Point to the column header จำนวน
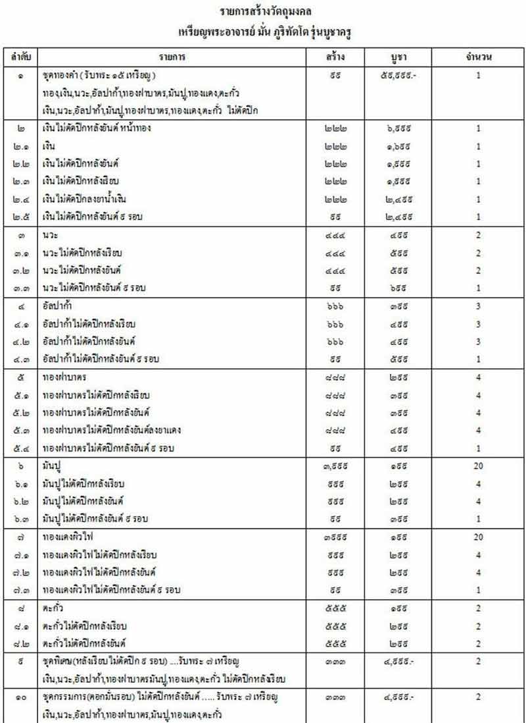tap(479, 57)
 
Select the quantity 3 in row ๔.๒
tap(479, 341)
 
